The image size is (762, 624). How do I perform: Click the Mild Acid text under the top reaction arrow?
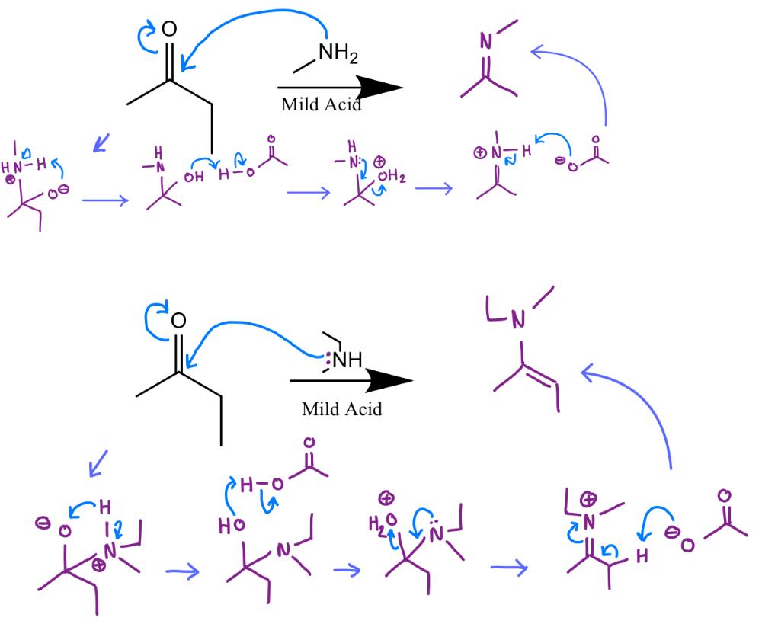pyautogui.click(x=321, y=105)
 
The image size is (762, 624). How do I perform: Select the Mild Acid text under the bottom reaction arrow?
pyautogui.click(x=341, y=409)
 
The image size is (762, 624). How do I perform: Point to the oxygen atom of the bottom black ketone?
pyautogui.click(x=180, y=319)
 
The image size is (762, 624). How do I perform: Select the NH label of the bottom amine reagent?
pyautogui.click(x=346, y=359)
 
